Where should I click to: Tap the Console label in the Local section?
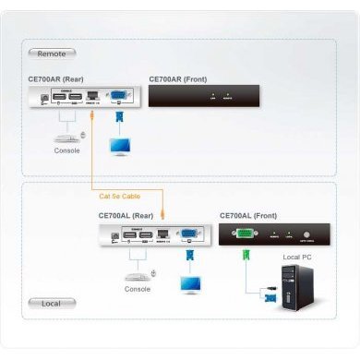click(138, 289)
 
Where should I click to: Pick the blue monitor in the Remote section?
click(120, 146)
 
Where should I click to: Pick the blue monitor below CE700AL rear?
click(191, 283)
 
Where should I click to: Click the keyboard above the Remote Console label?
click(64, 138)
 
